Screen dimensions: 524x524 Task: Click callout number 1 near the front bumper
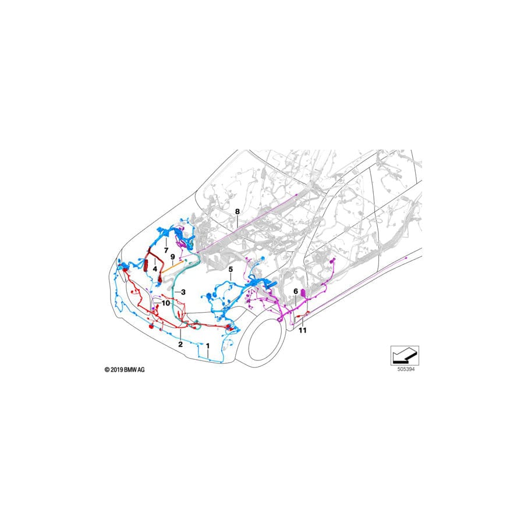pyautogui.click(x=208, y=345)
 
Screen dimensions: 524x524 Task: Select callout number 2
pyautogui.click(x=180, y=345)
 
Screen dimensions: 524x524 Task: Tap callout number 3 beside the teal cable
pyautogui.click(x=183, y=292)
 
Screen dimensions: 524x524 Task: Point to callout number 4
pyautogui.click(x=155, y=269)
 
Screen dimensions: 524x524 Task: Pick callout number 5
pyautogui.click(x=231, y=270)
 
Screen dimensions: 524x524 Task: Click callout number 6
pyautogui.click(x=295, y=291)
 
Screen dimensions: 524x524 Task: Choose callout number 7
pyautogui.click(x=166, y=250)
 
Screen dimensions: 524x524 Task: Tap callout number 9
pyautogui.click(x=173, y=256)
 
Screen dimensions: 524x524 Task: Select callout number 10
pyautogui.click(x=166, y=303)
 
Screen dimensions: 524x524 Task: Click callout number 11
pyautogui.click(x=302, y=330)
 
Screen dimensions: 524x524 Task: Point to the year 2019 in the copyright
pyautogui.click(x=116, y=370)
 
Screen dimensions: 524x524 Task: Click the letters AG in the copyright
pyautogui.click(x=141, y=370)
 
